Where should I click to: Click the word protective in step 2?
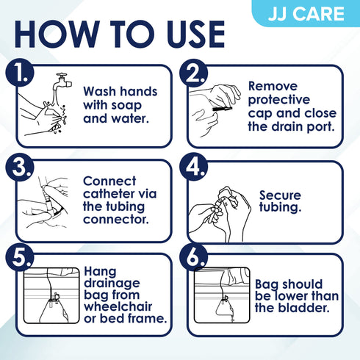point(278,99)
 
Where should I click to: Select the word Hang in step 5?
point(100,270)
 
